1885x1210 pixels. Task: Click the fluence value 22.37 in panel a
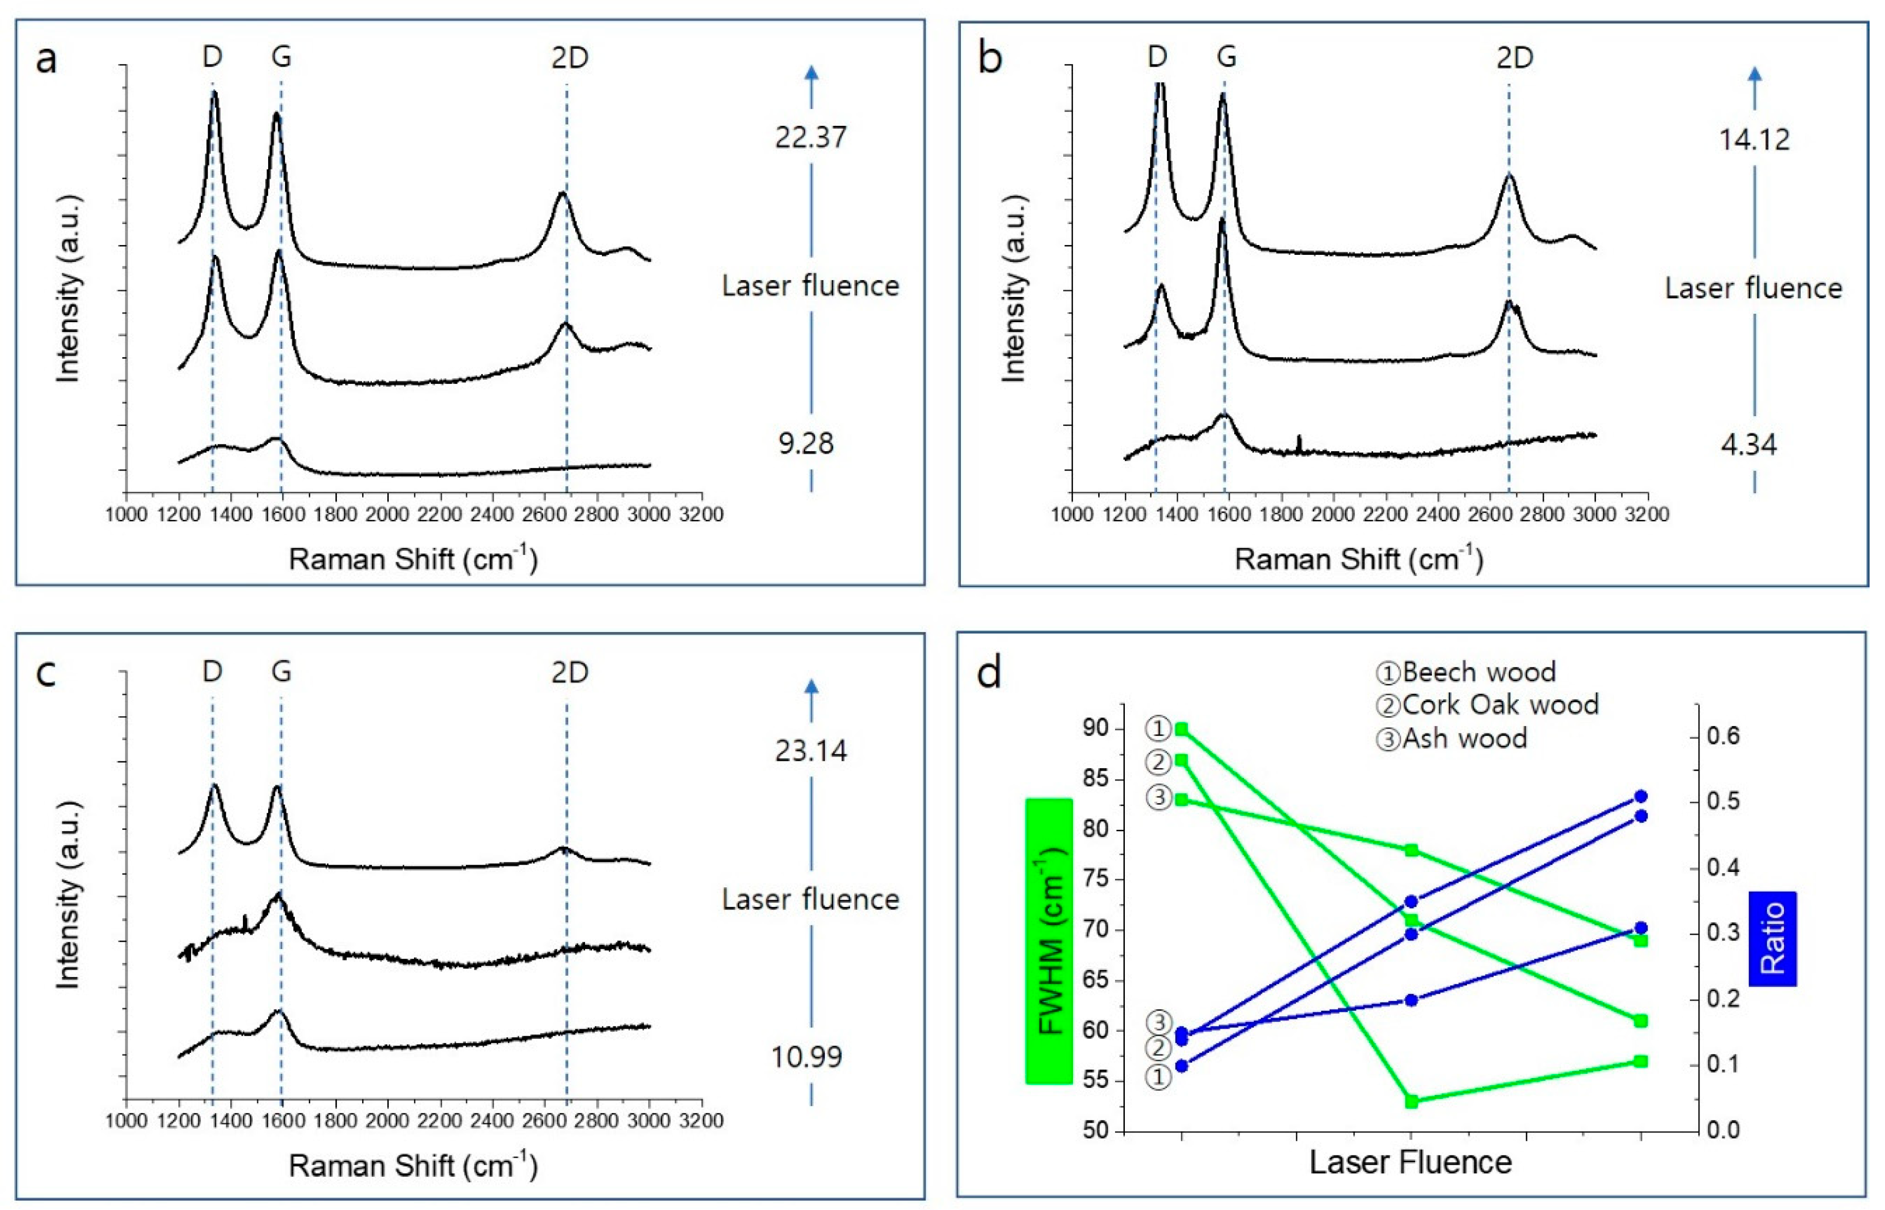(x=810, y=138)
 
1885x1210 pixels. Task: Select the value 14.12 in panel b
(x=1754, y=140)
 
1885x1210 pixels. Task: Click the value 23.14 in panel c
(x=810, y=751)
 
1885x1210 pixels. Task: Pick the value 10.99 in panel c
(x=806, y=1057)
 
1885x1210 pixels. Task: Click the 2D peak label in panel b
(x=1514, y=58)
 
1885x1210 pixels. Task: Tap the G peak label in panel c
(x=280, y=672)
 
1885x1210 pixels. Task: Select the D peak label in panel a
(x=212, y=58)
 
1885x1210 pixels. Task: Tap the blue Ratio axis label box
(x=1773, y=938)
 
